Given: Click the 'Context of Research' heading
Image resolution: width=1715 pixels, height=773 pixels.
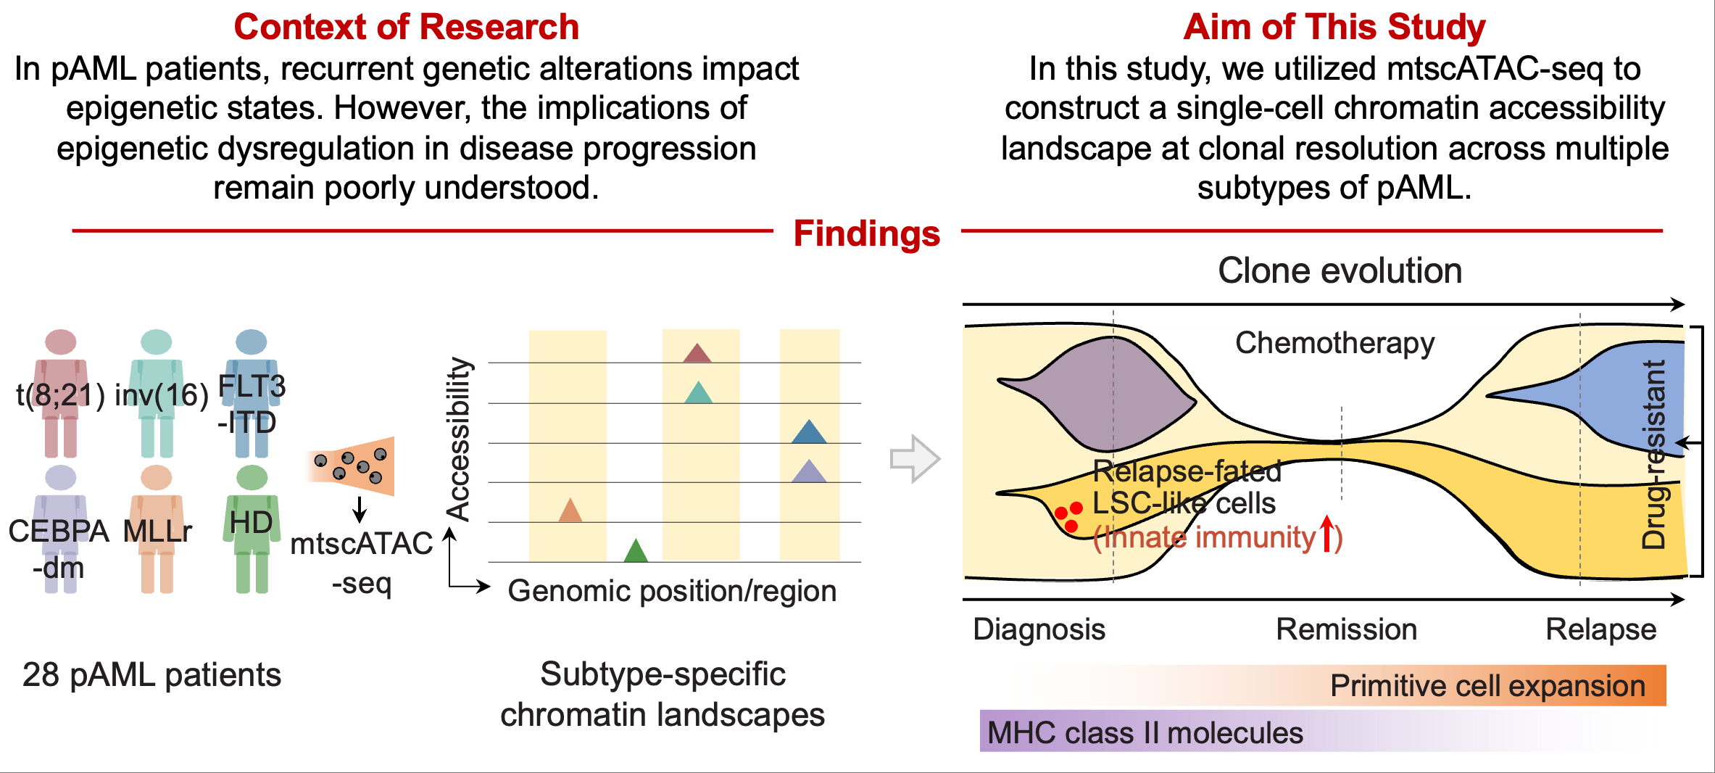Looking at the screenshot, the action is [x=407, y=28].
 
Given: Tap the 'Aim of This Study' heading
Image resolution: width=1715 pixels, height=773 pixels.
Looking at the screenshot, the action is [x=1334, y=28].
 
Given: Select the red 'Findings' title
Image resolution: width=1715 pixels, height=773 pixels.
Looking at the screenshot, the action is [x=867, y=233].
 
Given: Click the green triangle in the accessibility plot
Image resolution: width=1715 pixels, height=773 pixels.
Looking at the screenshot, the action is [x=636, y=550].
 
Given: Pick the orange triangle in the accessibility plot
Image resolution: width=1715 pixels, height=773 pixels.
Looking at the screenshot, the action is [x=570, y=510].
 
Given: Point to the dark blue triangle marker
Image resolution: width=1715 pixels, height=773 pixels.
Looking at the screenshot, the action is [x=809, y=431].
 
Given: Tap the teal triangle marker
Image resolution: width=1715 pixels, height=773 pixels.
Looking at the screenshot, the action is [x=698, y=392].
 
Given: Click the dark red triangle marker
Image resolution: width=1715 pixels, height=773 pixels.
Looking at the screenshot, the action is [x=697, y=352].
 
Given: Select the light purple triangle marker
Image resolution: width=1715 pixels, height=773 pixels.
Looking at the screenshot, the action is [x=809, y=471].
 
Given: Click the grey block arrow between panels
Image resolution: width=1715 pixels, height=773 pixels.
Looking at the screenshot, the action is [x=915, y=458].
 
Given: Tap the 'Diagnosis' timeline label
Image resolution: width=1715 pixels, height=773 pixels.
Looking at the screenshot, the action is [x=1039, y=630].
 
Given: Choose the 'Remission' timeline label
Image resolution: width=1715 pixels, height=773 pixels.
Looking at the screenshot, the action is [x=1346, y=629].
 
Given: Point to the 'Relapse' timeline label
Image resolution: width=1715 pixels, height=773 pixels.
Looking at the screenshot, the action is [x=1600, y=630].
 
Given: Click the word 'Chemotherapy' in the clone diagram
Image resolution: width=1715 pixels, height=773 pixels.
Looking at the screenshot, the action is [x=1334, y=344].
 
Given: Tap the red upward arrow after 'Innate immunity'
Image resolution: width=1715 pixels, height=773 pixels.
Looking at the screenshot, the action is [x=1326, y=534].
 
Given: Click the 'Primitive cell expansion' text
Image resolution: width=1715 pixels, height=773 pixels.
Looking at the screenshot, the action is [x=1487, y=686].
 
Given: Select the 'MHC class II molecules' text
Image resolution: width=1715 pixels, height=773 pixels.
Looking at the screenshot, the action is [x=1145, y=733].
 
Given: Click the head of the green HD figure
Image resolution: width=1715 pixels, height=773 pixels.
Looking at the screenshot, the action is [x=252, y=477].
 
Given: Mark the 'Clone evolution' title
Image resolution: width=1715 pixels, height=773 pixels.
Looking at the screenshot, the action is [x=1340, y=271].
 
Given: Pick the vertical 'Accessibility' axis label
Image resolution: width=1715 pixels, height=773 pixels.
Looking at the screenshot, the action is [x=459, y=439].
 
